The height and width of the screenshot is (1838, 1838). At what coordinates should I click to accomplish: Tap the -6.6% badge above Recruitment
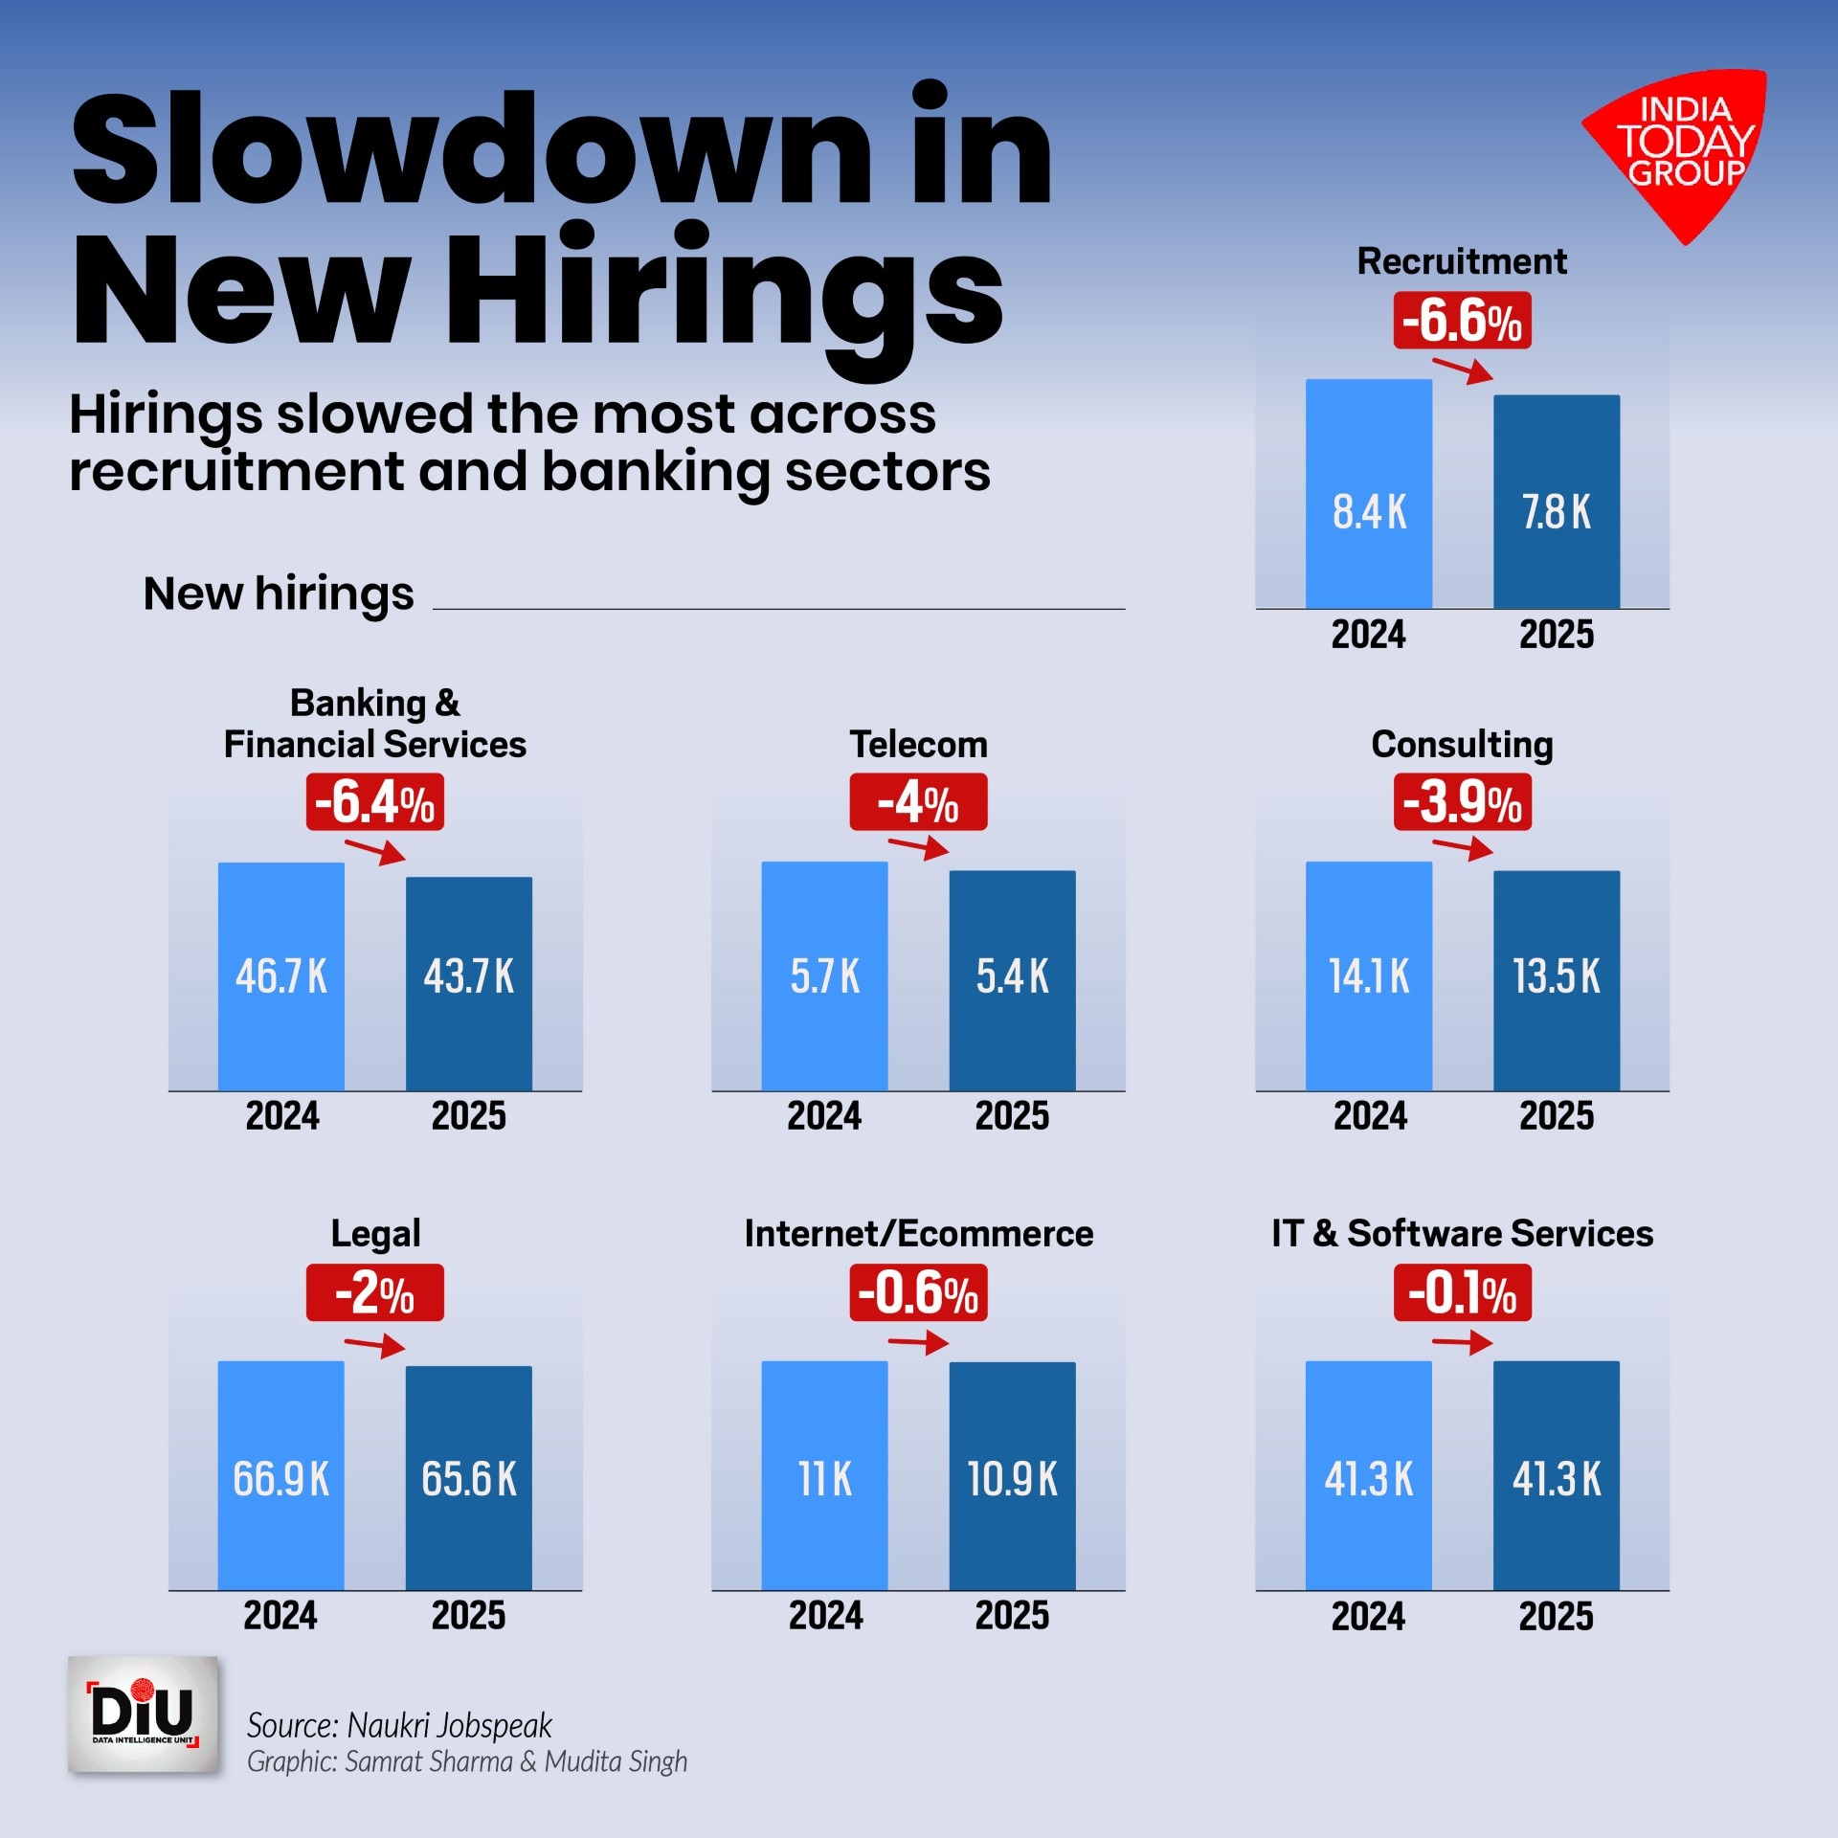pos(1462,321)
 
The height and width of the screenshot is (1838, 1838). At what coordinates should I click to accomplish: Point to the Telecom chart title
pos(918,744)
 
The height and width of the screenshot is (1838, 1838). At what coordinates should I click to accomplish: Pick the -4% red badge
pos(918,802)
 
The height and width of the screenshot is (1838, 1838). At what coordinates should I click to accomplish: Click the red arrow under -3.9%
pos(1463,847)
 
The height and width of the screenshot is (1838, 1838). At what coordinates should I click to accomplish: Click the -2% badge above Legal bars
pos(374,1293)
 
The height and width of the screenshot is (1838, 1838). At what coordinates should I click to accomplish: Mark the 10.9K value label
pos(1012,1479)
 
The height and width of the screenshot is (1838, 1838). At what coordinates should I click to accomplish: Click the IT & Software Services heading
pos(1462,1233)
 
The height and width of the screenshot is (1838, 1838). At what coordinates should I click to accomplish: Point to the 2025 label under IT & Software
pos(1556,1617)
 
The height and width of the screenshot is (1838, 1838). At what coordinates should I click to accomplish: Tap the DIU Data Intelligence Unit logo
pos(144,1715)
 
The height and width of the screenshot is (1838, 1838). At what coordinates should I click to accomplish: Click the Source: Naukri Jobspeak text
pos(399,1725)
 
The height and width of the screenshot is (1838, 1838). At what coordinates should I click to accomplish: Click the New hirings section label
pos(279,594)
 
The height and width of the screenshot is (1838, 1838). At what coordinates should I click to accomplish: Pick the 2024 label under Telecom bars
pos(824,1115)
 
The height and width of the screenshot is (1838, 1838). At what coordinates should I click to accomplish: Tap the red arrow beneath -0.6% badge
pos(918,1343)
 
